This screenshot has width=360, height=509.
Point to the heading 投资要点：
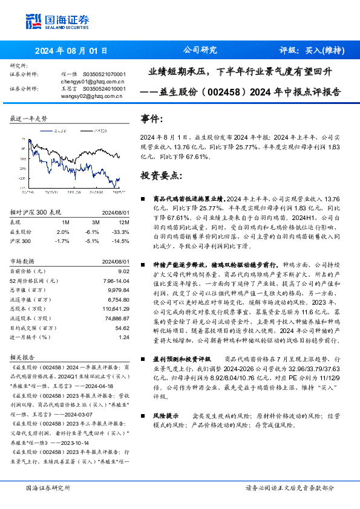pyautogui.click(x=160, y=175)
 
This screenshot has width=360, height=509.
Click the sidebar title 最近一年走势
pyautogui.click(x=28, y=119)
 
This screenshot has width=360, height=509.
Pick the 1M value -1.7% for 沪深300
pyautogui.click(x=62, y=241)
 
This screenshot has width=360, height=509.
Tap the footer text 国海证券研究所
pyautogui.click(x=48, y=488)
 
